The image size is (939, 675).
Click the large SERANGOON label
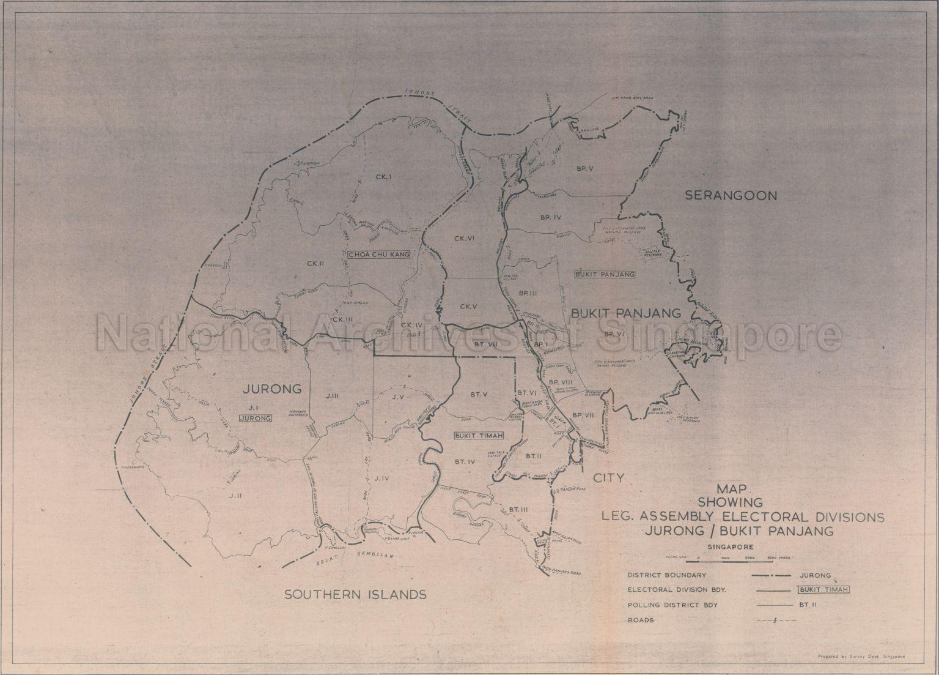(x=731, y=196)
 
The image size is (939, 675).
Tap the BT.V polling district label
(x=479, y=394)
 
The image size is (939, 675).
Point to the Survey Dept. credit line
(x=861, y=657)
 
